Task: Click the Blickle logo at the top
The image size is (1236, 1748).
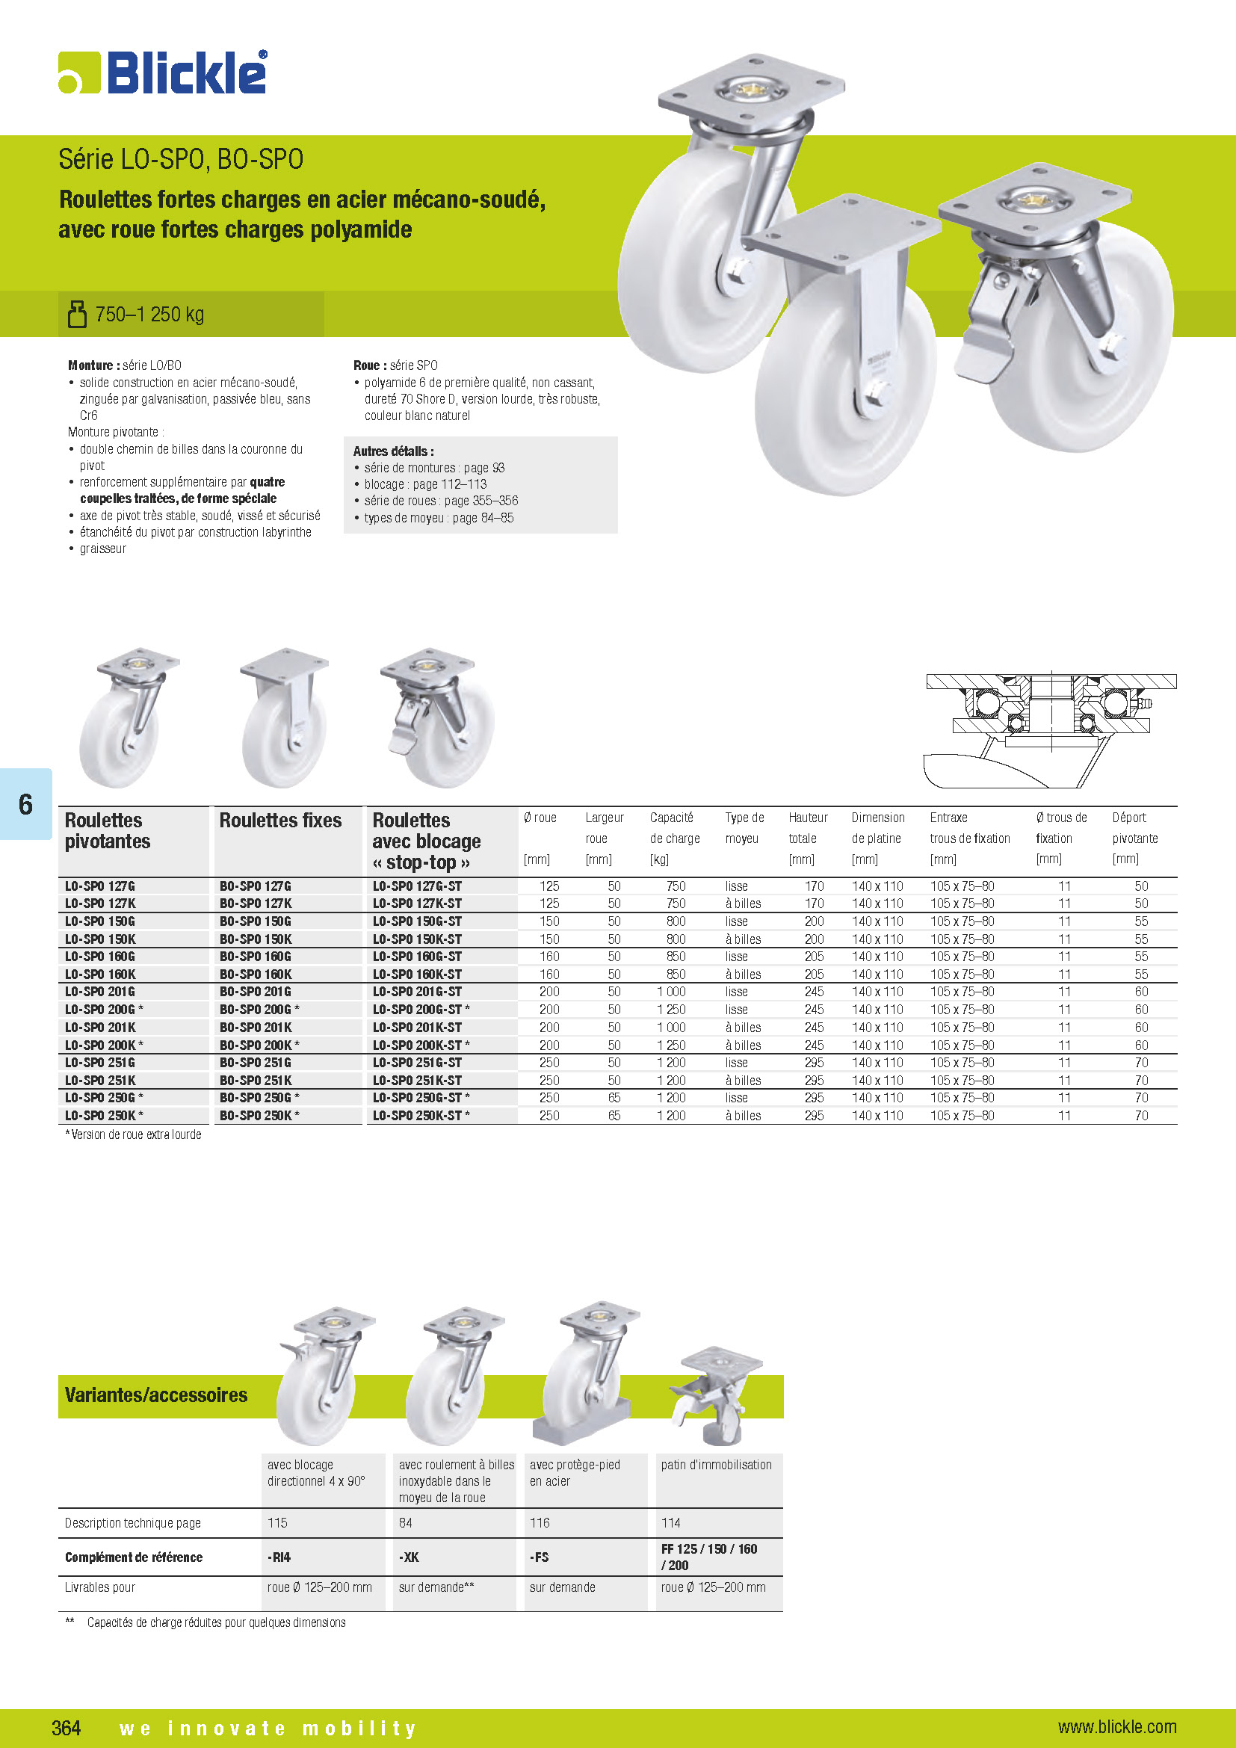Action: (163, 73)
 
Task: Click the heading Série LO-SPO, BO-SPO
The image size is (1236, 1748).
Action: (181, 159)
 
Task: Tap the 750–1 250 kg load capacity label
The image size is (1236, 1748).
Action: (149, 315)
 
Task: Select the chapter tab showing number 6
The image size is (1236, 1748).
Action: (26, 804)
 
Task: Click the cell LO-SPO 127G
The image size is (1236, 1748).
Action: (99, 886)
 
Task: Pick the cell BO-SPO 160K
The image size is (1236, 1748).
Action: (256, 975)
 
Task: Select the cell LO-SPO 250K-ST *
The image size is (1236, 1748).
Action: (421, 1115)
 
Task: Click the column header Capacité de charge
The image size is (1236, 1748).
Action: (674, 838)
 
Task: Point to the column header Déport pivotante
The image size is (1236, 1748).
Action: (1135, 838)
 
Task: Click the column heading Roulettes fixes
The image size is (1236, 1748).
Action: (280, 821)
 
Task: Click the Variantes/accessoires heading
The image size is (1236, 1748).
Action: (156, 1395)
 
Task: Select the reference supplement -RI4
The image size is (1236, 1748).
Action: (279, 1557)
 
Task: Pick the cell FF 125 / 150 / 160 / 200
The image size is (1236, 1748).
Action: (708, 1557)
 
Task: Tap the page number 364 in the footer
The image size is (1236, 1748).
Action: (67, 1727)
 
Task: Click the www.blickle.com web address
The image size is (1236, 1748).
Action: (1116, 1726)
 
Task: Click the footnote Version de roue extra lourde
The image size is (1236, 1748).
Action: (134, 1134)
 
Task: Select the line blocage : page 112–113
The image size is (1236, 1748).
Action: (424, 484)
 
